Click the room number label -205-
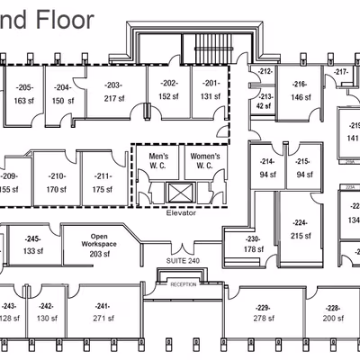click(24, 87)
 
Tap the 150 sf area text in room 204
click(62, 101)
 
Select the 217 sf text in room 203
click(113, 98)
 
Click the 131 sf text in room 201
click(211, 97)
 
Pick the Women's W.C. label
click(207, 161)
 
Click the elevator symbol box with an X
click(180, 192)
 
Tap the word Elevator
click(181, 213)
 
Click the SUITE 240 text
click(183, 260)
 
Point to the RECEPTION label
click(183, 284)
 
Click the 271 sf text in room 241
click(102, 318)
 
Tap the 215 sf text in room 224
click(301, 236)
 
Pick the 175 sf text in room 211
click(102, 189)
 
